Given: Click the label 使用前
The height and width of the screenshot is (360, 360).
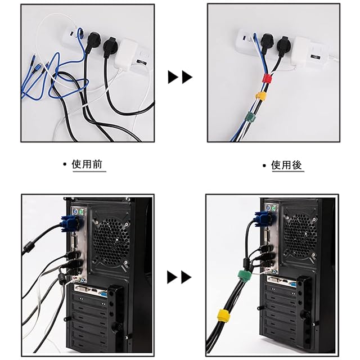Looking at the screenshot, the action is click(x=89, y=164).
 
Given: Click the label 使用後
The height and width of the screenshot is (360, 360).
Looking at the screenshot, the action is click(x=287, y=165).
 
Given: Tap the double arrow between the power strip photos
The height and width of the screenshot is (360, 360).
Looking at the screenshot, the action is click(x=180, y=77).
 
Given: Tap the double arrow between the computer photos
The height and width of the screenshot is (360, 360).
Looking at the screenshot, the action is click(x=180, y=277).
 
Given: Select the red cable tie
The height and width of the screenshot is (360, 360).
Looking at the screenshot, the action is click(x=266, y=77).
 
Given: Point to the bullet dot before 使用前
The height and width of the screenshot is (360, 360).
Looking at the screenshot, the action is click(x=65, y=165).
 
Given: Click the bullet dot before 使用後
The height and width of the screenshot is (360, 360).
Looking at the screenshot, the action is click(x=264, y=165).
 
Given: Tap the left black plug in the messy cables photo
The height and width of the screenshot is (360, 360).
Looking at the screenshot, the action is click(x=92, y=40).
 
